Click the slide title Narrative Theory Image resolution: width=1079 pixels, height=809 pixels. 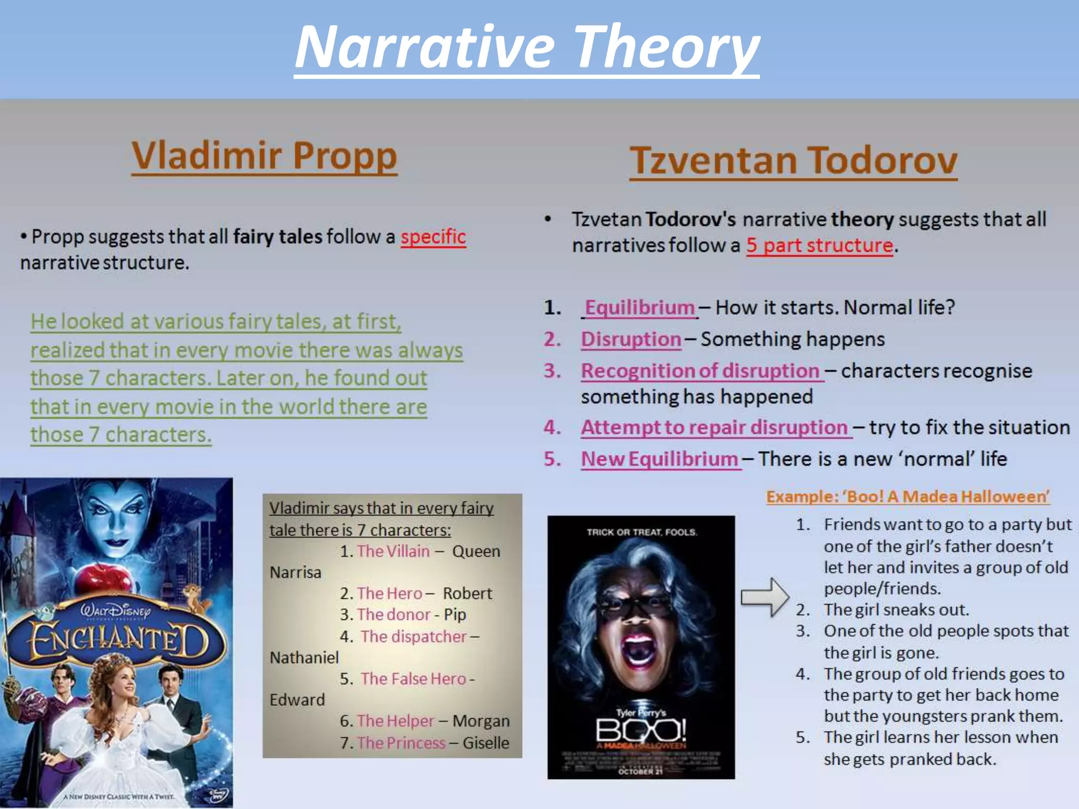[527, 47]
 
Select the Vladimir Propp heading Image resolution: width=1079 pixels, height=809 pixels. [264, 156]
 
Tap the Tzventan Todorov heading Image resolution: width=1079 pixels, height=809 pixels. [793, 160]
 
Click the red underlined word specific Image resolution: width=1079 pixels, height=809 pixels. [433, 237]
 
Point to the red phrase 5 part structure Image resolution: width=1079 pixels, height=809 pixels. [820, 245]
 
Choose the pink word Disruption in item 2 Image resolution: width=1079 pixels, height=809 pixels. [631, 339]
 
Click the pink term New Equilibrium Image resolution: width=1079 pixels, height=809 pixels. [660, 459]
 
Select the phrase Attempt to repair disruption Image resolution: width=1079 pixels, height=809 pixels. [714, 427]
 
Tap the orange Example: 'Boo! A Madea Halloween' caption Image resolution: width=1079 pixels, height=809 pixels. [908, 497]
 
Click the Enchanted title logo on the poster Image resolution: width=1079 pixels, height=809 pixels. [117, 640]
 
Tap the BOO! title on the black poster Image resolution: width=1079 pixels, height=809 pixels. [641, 731]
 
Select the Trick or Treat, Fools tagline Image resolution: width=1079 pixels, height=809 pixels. [642, 532]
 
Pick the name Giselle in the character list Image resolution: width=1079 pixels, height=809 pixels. [486, 743]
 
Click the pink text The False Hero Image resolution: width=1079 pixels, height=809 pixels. [414, 679]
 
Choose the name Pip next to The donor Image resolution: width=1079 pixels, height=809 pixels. [455, 615]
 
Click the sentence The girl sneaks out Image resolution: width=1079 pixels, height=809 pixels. [896, 610]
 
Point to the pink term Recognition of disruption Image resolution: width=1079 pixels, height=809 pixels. [700, 371]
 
